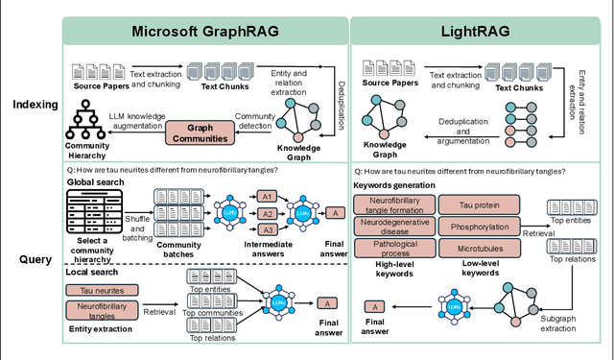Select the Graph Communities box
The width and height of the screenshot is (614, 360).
(x=201, y=132)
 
